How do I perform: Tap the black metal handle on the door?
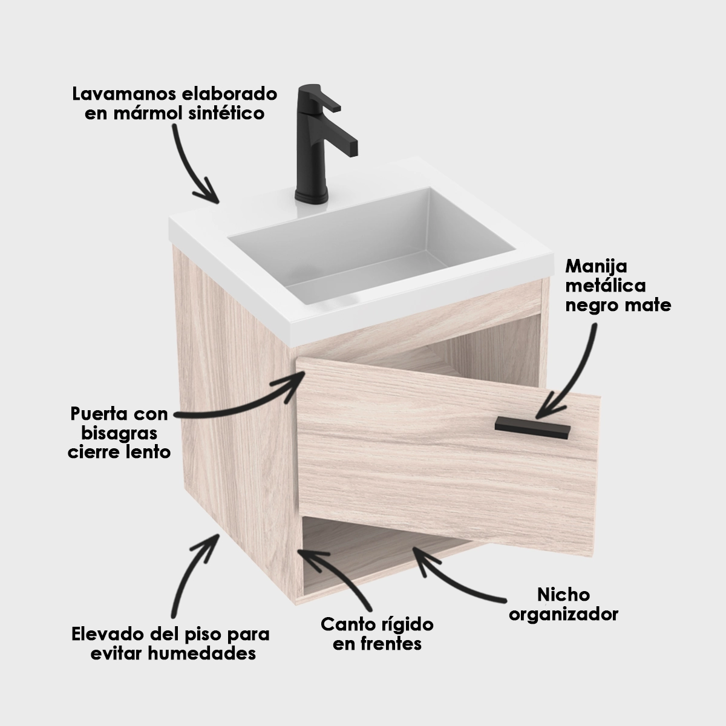pos(532,428)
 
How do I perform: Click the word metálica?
pos(606,286)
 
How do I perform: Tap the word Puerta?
pos(97,414)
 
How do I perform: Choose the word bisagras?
pos(119,434)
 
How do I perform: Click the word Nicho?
pos(563,595)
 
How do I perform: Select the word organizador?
pos(563,615)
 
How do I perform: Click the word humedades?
pos(201,654)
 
